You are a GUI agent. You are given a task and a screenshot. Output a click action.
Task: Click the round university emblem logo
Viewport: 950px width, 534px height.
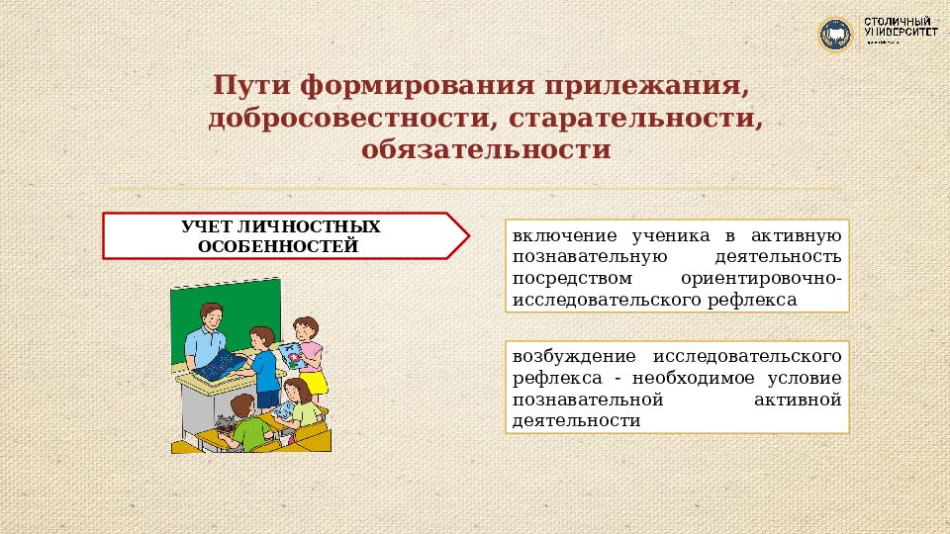pyautogui.click(x=835, y=36)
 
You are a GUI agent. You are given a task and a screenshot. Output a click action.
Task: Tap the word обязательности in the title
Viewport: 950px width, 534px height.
pyautogui.click(x=486, y=150)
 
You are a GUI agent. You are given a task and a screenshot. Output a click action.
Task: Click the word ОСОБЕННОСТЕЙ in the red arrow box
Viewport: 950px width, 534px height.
pyautogui.click(x=277, y=245)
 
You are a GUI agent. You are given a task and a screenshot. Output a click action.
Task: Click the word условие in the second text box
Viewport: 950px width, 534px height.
pyautogui.click(x=808, y=377)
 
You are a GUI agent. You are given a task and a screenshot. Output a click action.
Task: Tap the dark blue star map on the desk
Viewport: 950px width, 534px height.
pyautogui.click(x=221, y=365)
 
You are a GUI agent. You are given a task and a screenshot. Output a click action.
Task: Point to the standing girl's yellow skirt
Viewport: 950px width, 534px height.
pyautogui.click(x=314, y=382)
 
